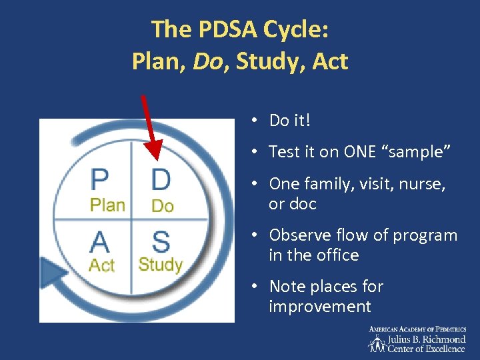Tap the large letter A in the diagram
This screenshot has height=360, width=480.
point(101,241)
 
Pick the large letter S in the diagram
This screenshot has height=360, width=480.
point(161,241)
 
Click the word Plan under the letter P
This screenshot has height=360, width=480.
point(107,205)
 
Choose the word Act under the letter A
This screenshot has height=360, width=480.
point(102,265)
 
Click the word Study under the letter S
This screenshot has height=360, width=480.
point(160,265)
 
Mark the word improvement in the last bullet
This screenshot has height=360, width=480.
point(320,307)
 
